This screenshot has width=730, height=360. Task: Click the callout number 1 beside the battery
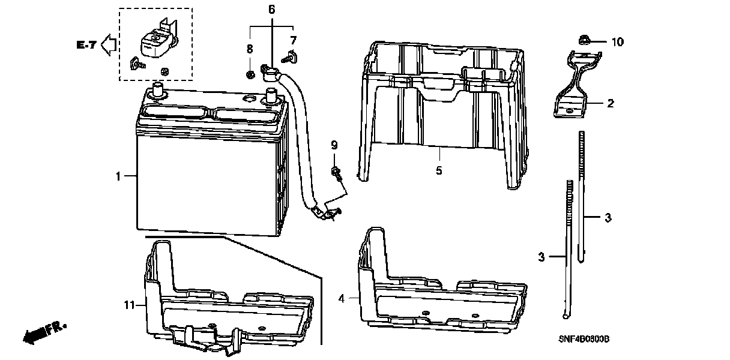click(x=118, y=176)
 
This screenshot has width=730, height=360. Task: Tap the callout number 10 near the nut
click(x=617, y=42)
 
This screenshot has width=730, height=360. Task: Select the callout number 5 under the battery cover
click(x=439, y=171)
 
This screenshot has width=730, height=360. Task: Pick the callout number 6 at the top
click(x=271, y=9)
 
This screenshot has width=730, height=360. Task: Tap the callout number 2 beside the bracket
click(x=610, y=104)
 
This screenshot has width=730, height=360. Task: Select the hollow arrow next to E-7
click(x=109, y=44)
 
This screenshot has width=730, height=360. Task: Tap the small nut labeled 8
click(x=249, y=74)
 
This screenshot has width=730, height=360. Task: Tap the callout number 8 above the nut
click(x=249, y=48)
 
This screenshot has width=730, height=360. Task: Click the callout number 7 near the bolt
click(x=293, y=41)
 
